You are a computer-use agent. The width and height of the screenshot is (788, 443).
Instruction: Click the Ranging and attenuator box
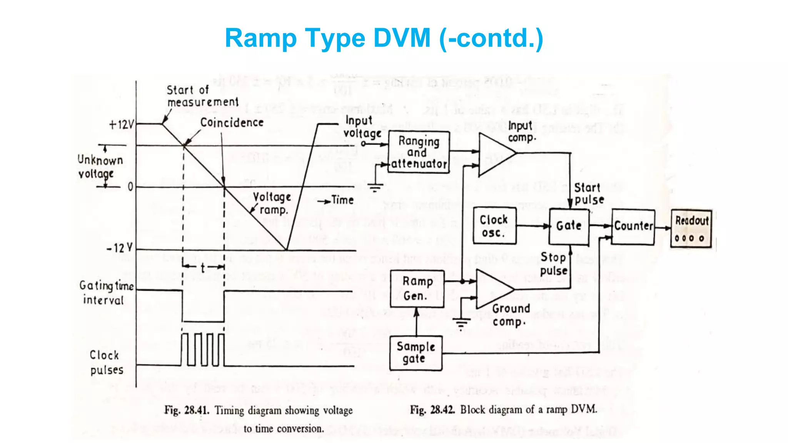point(419,152)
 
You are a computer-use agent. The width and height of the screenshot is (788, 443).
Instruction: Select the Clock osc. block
point(494,226)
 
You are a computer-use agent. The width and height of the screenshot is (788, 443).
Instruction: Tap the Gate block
point(569,226)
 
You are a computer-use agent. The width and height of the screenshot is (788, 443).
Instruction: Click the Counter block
point(633,226)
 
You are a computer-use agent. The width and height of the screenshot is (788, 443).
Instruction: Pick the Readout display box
point(691,228)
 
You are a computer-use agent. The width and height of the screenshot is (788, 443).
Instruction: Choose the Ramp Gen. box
point(417,289)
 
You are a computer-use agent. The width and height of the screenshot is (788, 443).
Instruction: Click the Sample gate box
point(416,353)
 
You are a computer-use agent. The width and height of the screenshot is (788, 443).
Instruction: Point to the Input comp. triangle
point(494,155)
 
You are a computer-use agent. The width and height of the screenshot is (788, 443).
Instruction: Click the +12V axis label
point(121,125)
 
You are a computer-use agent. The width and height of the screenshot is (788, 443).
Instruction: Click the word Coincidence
point(232,123)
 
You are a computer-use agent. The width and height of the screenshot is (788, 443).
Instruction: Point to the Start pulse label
point(589,194)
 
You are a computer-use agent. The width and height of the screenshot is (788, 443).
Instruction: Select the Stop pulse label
point(553,264)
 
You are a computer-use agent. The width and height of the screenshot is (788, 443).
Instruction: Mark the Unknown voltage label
point(100,167)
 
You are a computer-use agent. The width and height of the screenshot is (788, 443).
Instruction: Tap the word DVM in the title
point(402,38)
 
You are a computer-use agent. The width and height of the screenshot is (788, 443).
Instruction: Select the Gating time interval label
point(106,293)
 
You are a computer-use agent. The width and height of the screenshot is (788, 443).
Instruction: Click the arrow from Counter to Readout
point(663,228)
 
